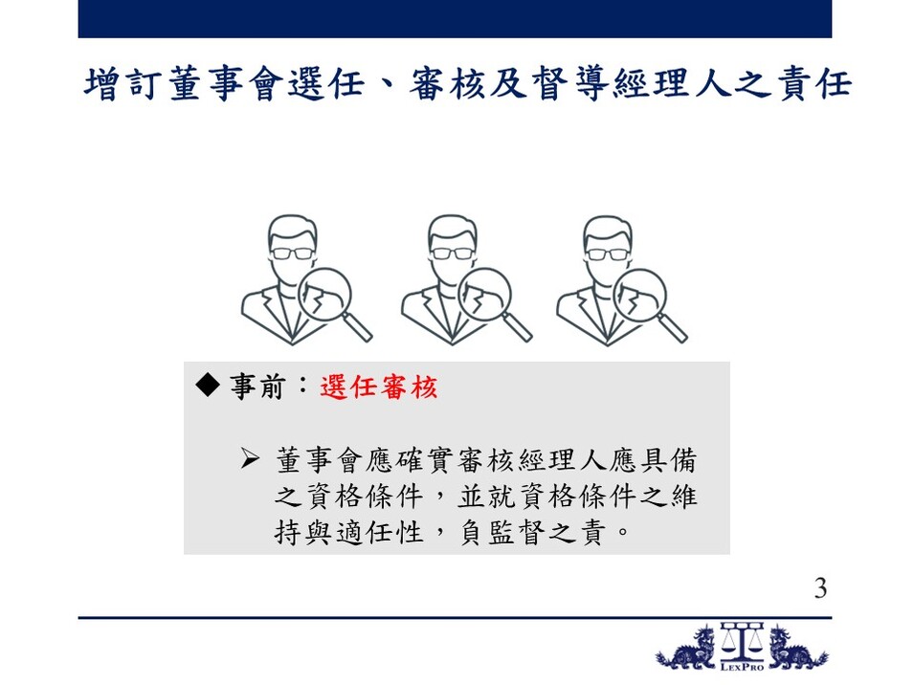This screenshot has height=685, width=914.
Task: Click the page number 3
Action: pyautogui.click(x=821, y=588)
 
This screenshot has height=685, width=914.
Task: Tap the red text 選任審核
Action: pyautogui.click(x=379, y=387)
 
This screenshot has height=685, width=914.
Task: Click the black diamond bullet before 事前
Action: pyautogui.click(x=208, y=385)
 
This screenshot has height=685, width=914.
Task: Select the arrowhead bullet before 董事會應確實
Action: pyautogui.click(x=250, y=459)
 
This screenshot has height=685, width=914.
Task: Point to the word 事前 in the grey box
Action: pyautogui.click(x=257, y=387)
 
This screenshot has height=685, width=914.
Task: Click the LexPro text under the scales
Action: pyautogui.click(x=742, y=667)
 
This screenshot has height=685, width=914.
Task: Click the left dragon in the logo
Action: pyautogui.click(x=686, y=648)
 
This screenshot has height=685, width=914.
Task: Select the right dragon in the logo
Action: pyautogui.click(x=797, y=648)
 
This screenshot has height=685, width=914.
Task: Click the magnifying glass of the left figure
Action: pyautogui.click(x=334, y=303)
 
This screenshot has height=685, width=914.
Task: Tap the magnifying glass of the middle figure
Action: pyautogui.click(x=494, y=303)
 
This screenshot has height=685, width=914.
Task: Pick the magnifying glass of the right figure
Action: pyautogui.click(x=649, y=303)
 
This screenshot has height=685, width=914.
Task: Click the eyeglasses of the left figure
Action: pyautogui.click(x=292, y=254)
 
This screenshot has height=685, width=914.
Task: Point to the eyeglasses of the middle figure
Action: pyautogui.click(x=451, y=254)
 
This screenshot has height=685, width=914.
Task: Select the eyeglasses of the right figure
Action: pyautogui.click(x=607, y=254)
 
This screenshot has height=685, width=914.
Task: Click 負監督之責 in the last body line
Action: pyautogui.click(x=533, y=532)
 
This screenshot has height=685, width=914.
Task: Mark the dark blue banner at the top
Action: pyautogui.click(x=455, y=18)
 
